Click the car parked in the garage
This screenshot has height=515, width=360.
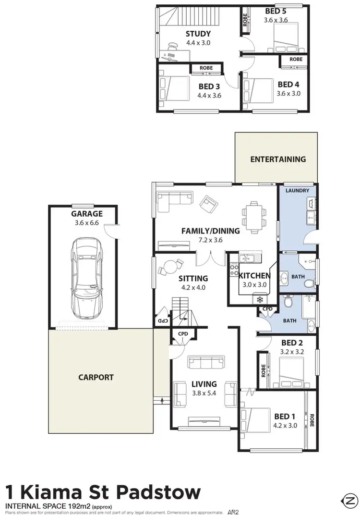tap(87, 278)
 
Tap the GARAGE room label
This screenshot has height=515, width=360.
tap(87, 214)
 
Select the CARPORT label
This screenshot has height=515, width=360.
tap(96, 377)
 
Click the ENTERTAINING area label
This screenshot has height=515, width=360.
tap(278, 159)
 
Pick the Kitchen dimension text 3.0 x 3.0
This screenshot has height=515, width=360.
tap(254, 284)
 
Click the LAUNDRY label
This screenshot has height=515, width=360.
tap(297, 191)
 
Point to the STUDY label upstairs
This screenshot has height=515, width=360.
tap(198, 34)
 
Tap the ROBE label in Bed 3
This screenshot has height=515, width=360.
tap(206, 68)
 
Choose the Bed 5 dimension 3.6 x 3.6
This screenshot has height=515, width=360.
tap(275, 20)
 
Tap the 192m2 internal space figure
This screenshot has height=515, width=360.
tap(78, 506)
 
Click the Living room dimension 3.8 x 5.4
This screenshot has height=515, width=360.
tap(204, 392)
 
